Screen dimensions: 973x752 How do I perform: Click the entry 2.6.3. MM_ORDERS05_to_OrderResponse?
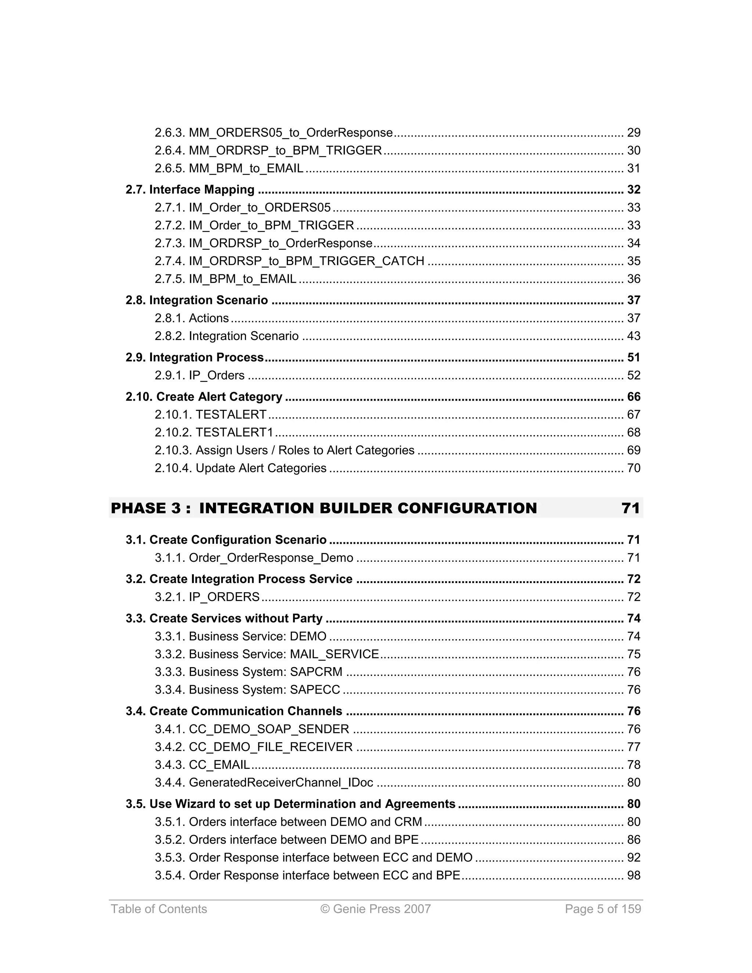click(x=274, y=133)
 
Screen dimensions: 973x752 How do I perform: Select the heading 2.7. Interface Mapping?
click(x=190, y=190)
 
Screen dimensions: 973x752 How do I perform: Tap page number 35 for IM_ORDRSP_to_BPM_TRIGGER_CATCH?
click(x=633, y=261)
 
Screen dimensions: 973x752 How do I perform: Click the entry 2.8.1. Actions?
click(x=192, y=318)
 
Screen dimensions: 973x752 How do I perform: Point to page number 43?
click(x=633, y=336)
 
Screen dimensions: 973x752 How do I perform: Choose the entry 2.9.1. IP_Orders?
click(x=200, y=376)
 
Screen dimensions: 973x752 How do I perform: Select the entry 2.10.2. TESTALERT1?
click(x=214, y=433)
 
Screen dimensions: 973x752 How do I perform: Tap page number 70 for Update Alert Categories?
click(x=633, y=468)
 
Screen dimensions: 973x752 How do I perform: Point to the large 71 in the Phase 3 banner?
click(x=630, y=508)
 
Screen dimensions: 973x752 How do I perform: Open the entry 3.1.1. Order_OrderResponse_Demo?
click(x=254, y=558)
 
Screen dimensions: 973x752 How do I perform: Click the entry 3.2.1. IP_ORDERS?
click(x=207, y=597)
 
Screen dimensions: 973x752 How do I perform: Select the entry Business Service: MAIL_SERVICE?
click(x=267, y=654)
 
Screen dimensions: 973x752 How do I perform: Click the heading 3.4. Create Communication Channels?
click(x=234, y=712)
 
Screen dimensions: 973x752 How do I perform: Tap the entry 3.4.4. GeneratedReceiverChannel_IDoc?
click(x=264, y=783)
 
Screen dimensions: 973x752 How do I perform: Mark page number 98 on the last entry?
click(x=633, y=875)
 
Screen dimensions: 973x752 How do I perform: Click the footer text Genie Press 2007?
click(x=376, y=909)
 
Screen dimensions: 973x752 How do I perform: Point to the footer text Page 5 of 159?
click(x=603, y=909)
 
